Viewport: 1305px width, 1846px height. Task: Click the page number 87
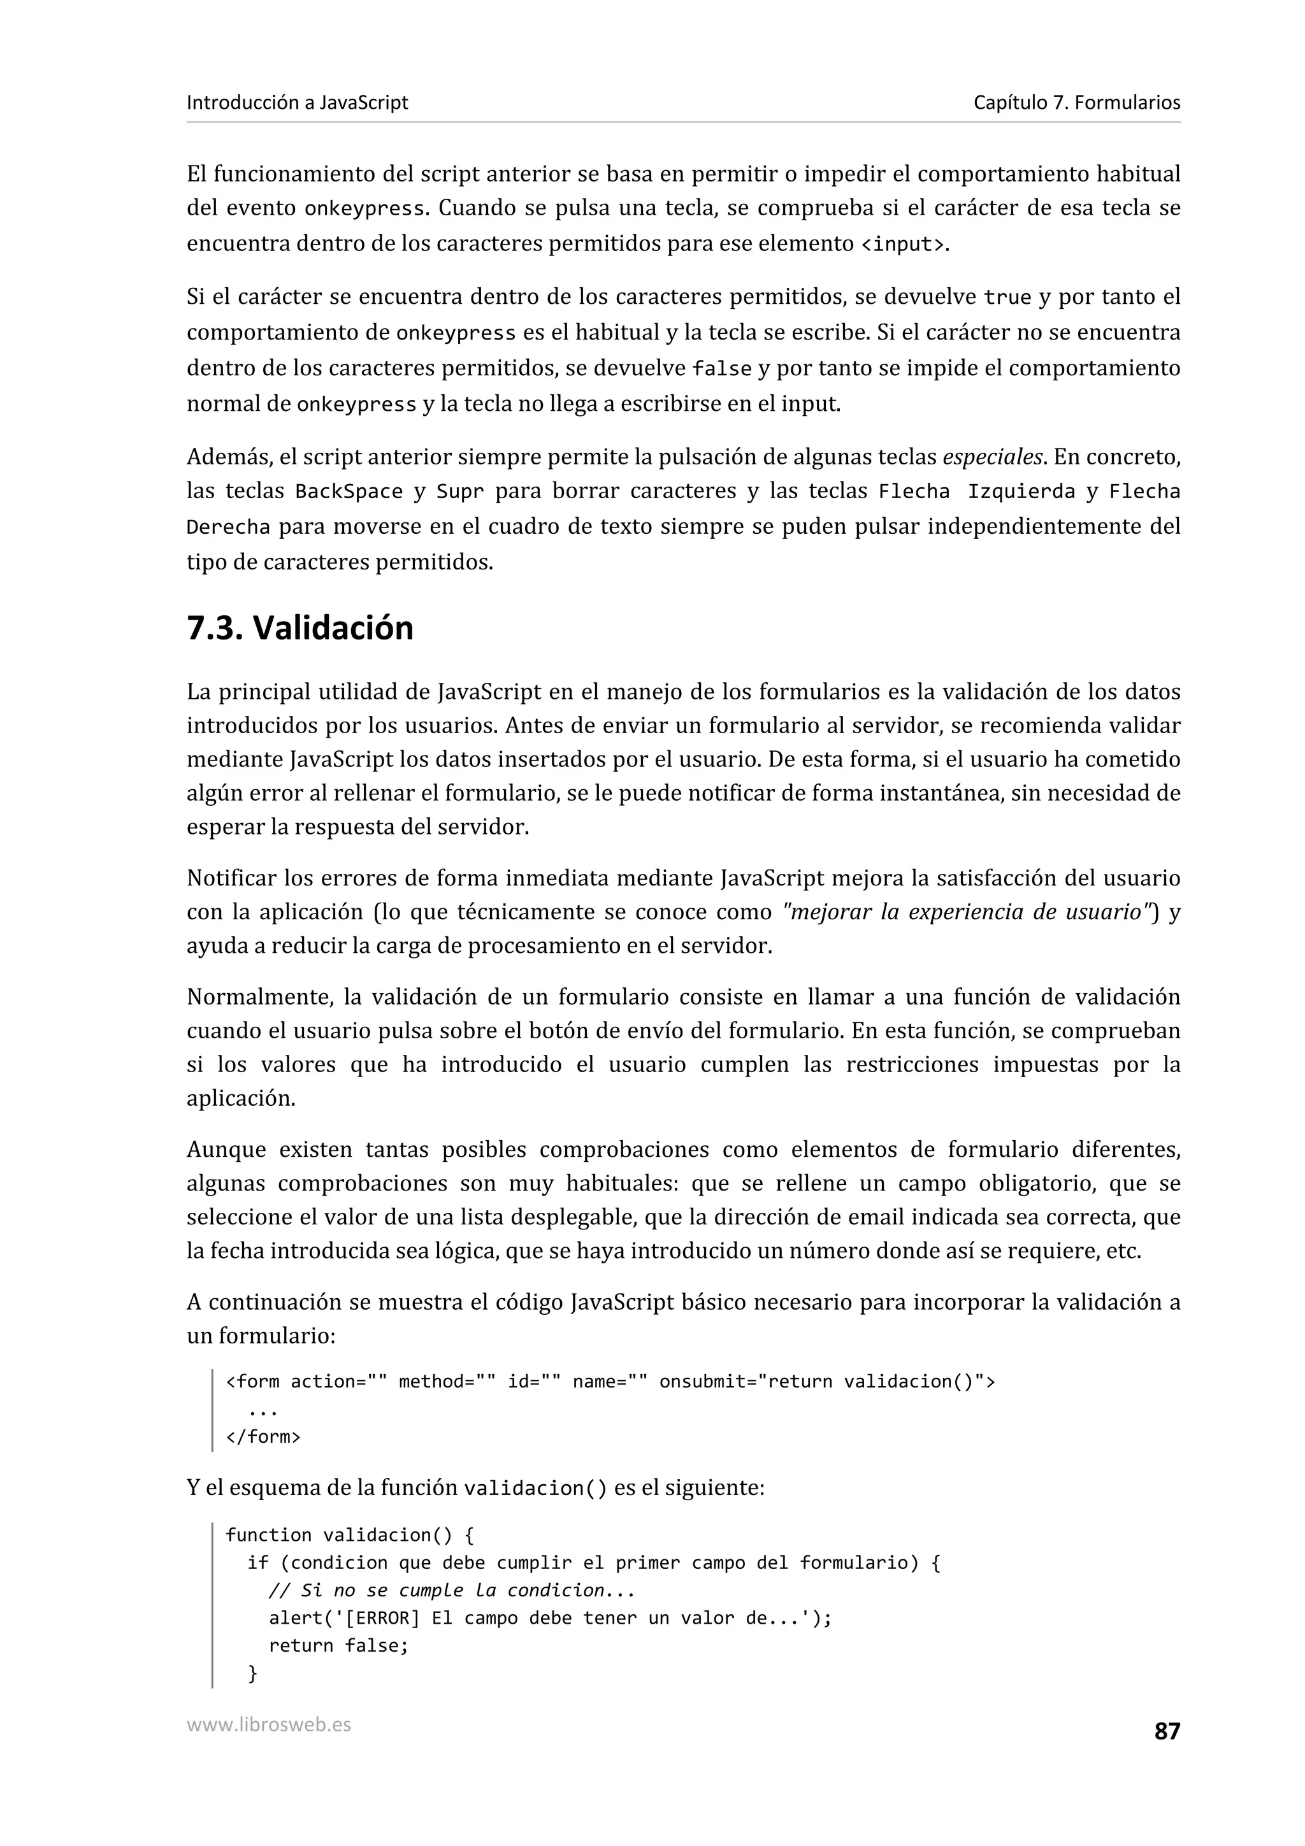click(1167, 1731)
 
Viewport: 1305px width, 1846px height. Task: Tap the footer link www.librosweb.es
click(268, 1724)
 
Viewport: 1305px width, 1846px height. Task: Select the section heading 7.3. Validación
click(300, 628)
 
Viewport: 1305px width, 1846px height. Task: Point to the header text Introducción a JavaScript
click(298, 103)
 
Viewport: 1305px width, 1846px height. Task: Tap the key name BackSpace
click(349, 492)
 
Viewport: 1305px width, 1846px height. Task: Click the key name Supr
click(460, 492)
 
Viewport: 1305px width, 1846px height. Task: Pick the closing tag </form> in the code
click(263, 1437)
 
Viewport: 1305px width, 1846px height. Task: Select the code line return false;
click(338, 1646)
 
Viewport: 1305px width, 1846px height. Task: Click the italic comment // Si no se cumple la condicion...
click(452, 1591)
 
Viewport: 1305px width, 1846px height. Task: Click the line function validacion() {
click(350, 1535)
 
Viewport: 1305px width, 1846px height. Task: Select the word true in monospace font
click(1007, 298)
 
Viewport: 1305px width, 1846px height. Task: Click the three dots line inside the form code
click(263, 1410)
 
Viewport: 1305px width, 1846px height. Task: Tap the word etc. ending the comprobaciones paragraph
click(1123, 1252)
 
